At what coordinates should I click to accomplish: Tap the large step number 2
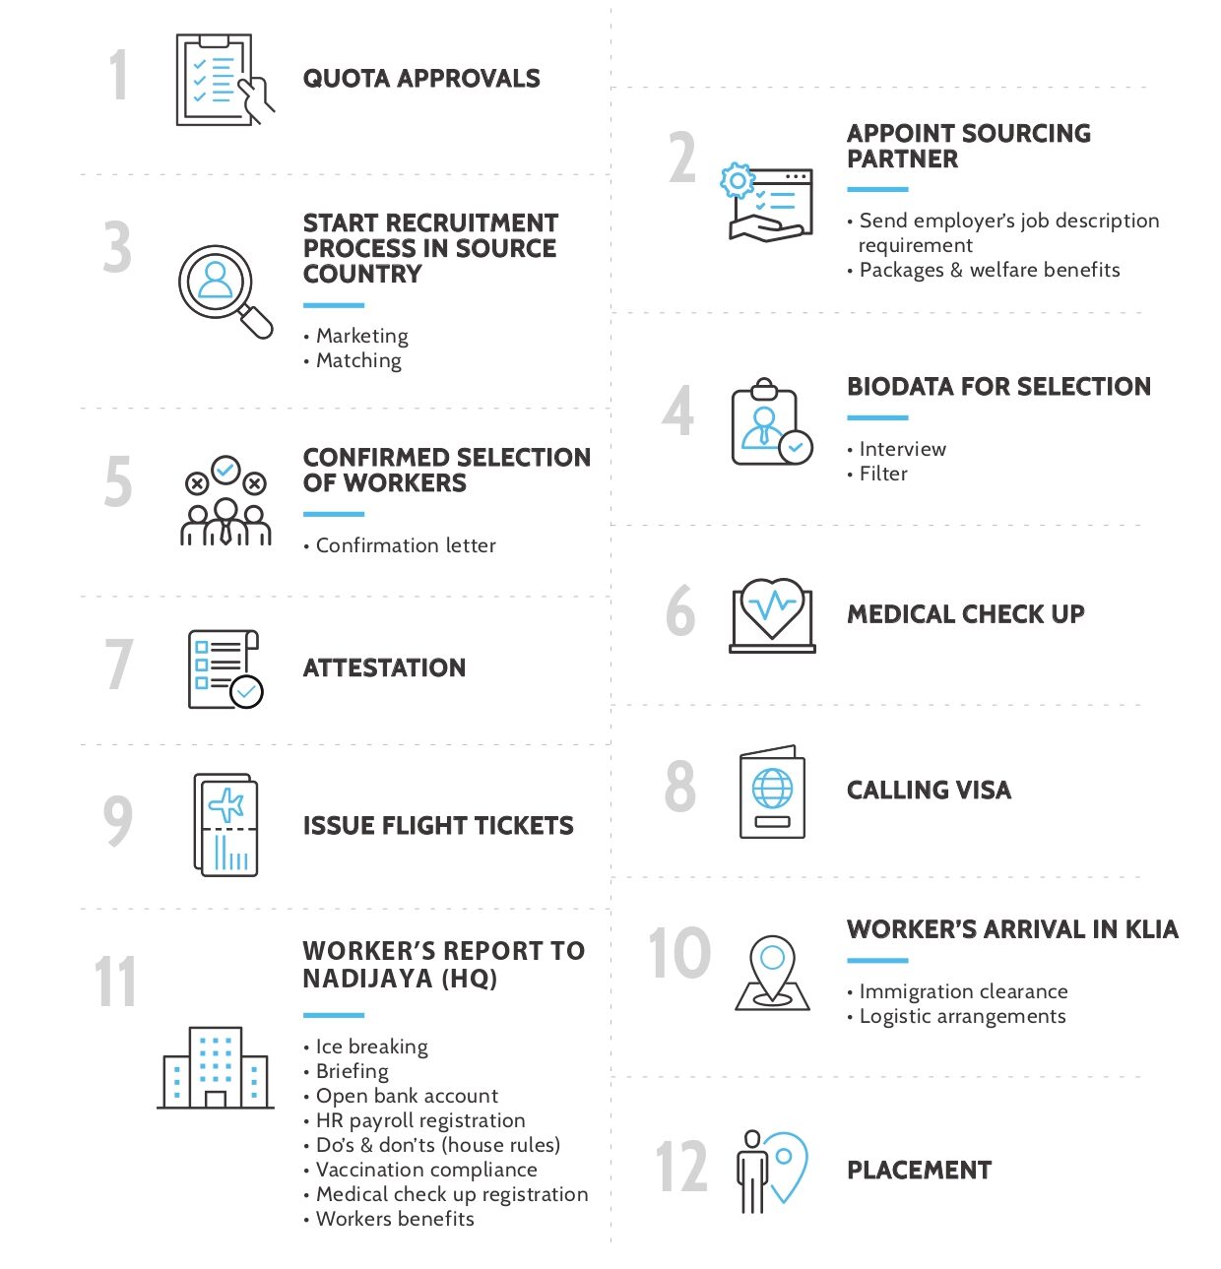click(682, 159)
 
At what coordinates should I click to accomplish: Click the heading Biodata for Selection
click(998, 387)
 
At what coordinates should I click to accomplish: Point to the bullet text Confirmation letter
click(406, 545)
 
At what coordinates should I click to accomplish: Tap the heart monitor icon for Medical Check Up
click(772, 614)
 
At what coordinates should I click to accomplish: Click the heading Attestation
click(384, 668)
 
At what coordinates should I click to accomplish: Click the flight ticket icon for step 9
click(226, 825)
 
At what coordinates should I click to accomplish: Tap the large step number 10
click(679, 953)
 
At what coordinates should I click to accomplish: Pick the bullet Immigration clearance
click(963, 991)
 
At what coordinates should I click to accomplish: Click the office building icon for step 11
click(216, 1069)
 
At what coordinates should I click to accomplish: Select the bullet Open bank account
click(407, 1096)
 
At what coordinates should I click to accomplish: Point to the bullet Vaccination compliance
click(426, 1170)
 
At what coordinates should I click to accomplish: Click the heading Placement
click(919, 1171)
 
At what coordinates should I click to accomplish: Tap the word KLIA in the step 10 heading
click(1151, 930)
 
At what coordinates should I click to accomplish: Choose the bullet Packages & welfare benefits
click(990, 270)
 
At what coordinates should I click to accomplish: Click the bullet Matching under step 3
click(358, 360)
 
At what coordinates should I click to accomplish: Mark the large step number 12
click(681, 1167)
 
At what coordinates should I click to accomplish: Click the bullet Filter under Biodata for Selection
click(883, 474)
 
